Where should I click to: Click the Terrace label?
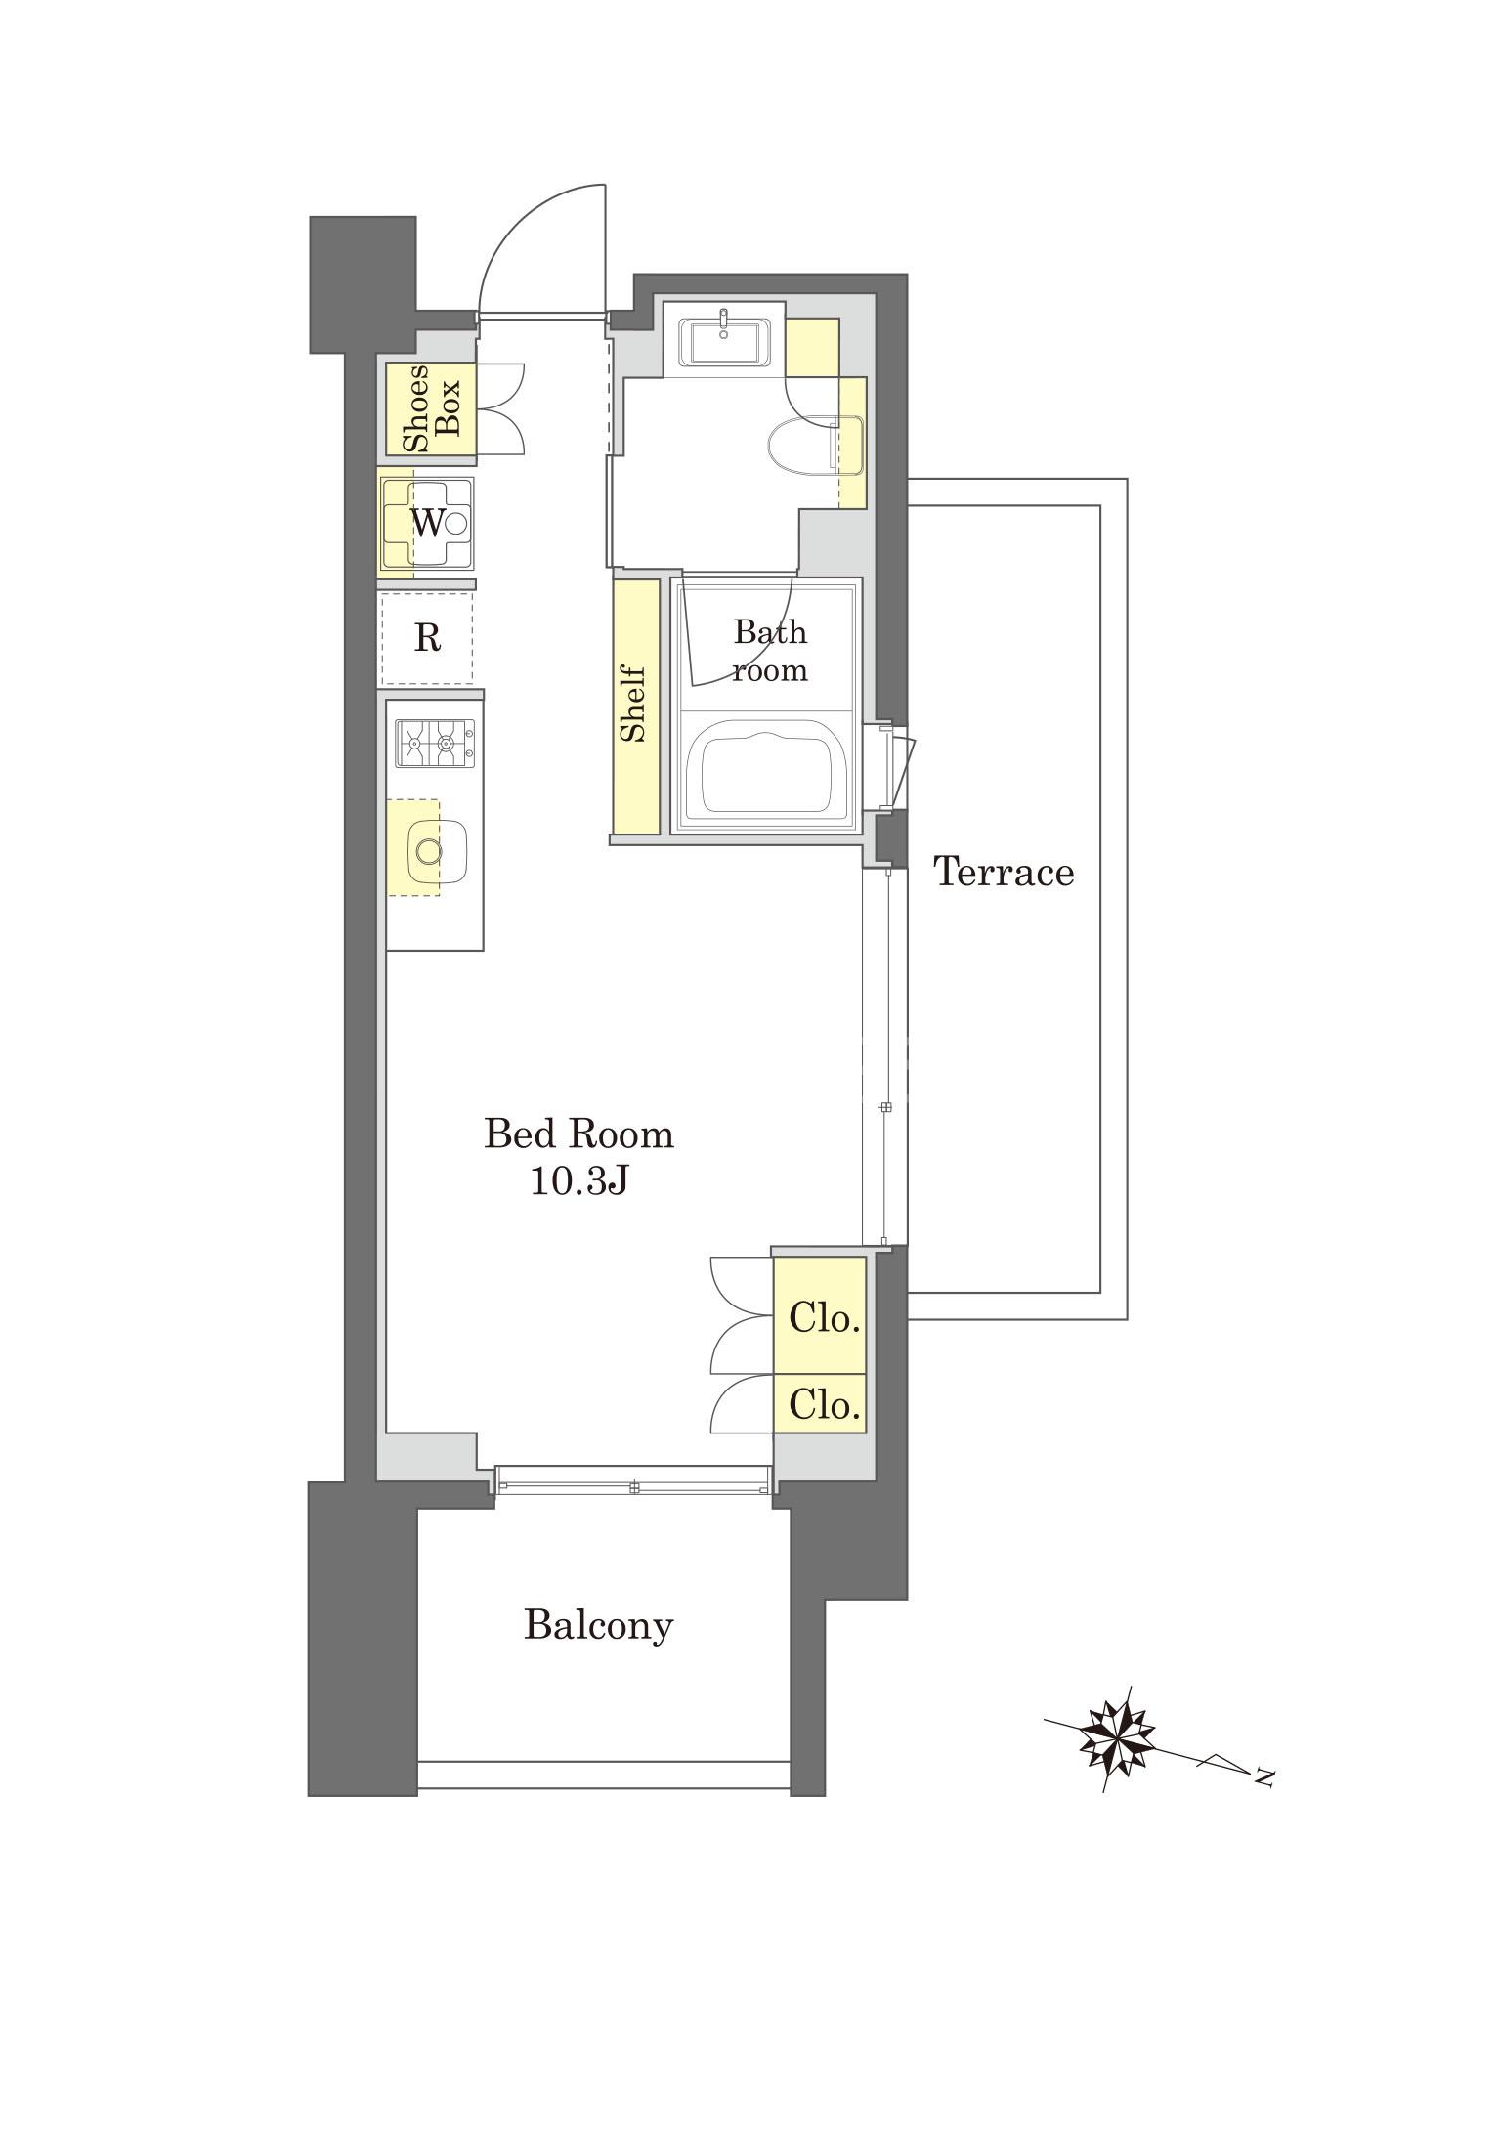1004,871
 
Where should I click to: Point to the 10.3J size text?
578,1181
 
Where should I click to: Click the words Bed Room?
579,1134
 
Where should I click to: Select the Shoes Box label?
431,408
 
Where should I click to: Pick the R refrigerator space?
427,637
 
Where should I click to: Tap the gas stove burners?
435,743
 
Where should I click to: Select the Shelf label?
635,704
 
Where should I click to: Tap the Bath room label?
771,651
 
